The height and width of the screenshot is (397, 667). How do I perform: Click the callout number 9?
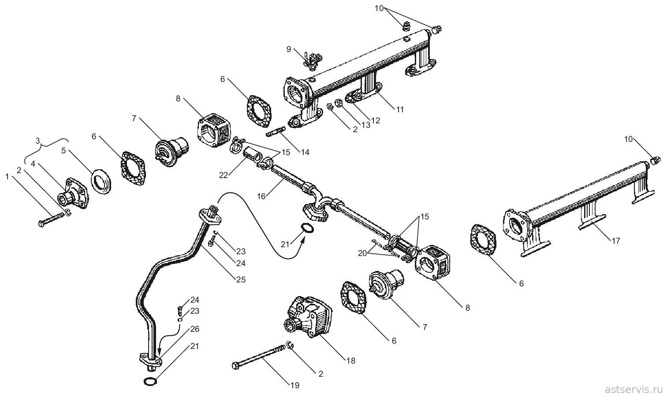(x=289, y=49)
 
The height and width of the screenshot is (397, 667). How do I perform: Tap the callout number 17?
(x=615, y=241)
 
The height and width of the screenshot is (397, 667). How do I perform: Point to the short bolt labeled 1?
(x=52, y=219)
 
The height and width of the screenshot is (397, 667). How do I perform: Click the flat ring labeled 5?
(x=101, y=182)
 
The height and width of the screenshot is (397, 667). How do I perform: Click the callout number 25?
(x=241, y=279)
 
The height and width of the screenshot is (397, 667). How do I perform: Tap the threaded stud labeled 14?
(x=276, y=132)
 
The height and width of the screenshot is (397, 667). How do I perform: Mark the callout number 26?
(x=195, y=329)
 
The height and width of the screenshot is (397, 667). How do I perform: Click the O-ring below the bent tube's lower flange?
(x=150, y=381)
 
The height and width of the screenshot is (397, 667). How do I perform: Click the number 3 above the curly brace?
(x=38, y=141)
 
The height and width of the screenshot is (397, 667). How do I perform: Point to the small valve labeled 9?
(x=312, y=61)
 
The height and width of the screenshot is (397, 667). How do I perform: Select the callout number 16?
(x=261, y=197)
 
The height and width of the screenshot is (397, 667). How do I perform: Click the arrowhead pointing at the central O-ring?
(x=303, y=239)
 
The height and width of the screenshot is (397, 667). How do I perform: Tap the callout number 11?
(x=400, y=110)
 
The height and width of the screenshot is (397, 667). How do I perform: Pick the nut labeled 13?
(x=339, y=103)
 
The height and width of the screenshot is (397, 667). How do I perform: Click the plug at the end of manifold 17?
(x=654, y=161)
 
